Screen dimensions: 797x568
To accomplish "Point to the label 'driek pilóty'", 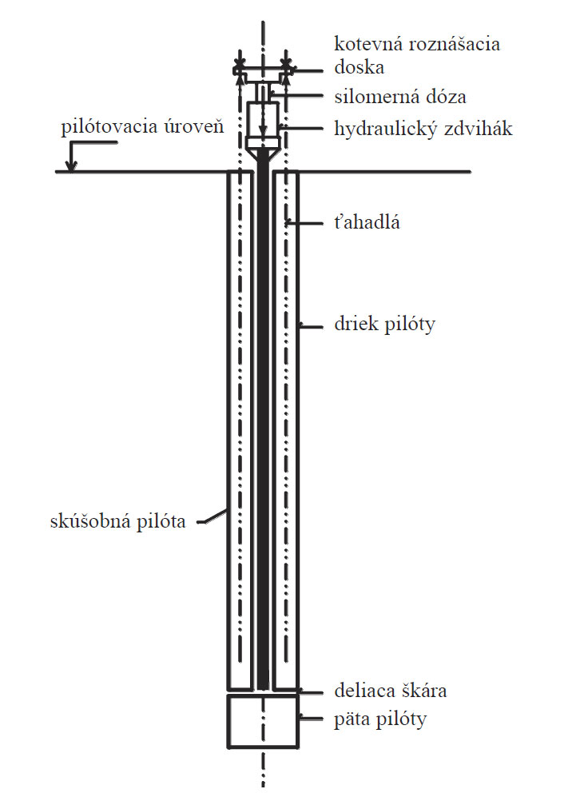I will pos(383,325).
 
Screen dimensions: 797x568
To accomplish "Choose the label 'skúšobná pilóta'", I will pos(117,522).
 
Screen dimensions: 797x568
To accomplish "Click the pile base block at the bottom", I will pos(263,722).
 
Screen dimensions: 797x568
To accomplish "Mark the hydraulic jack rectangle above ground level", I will pos(263,118).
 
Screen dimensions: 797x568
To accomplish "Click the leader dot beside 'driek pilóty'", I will pos(300,325).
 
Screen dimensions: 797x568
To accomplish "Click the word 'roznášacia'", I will pos(458,43).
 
